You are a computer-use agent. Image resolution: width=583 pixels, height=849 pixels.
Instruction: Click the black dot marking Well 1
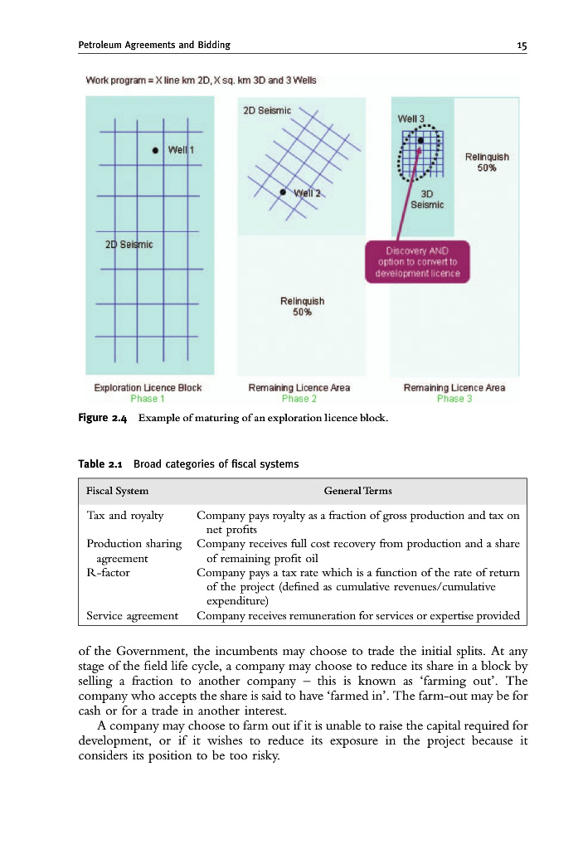(155, 150)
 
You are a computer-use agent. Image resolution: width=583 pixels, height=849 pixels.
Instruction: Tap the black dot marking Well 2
(284, 192)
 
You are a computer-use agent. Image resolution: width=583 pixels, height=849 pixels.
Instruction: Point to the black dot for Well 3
(421, 140)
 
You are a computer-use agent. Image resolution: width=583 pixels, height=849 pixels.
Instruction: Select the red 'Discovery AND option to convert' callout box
(418, 262)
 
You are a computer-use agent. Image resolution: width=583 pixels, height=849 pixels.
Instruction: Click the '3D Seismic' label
(427, 200)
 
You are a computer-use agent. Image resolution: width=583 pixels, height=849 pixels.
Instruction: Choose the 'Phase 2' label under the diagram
(299, 399)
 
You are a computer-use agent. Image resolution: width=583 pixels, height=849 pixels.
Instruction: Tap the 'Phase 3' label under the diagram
(454, 399)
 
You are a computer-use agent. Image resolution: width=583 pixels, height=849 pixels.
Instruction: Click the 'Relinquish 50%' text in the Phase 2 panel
(301, 307)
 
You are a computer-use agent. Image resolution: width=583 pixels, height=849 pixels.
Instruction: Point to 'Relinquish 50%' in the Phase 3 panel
(487, 162)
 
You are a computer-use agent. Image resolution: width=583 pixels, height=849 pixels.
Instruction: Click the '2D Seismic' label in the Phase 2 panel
(265, 109)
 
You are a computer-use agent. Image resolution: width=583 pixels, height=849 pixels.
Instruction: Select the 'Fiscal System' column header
(118, 492)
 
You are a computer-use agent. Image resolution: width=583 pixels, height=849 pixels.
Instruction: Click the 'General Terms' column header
(358, 492)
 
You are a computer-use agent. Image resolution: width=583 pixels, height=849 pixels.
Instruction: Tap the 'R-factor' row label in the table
(108, 572)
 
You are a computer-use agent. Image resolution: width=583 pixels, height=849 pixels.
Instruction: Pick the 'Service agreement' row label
(132, 615)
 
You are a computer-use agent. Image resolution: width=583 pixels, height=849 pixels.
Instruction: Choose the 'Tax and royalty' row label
(124, 516)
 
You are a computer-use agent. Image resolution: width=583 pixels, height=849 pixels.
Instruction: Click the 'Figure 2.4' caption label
(106, 418)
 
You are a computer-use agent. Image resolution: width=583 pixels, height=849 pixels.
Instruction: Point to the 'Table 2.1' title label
(104, 463)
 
